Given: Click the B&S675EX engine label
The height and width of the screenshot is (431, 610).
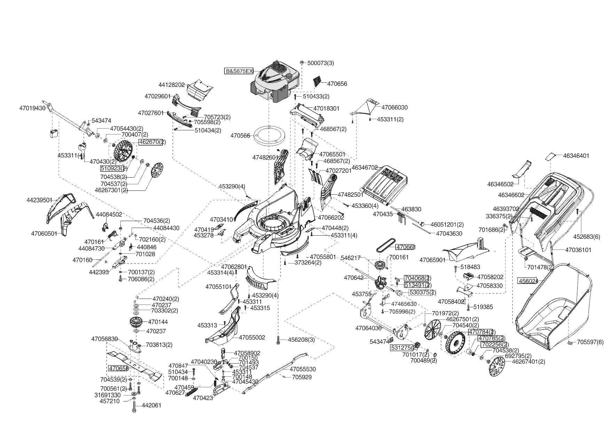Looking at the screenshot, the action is point(239,71).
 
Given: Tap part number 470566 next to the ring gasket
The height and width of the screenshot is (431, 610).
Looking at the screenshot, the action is point(240,136).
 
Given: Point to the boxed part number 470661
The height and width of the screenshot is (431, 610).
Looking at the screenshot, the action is point(405,247).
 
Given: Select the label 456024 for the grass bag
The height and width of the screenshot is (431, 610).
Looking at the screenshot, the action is point(528,281).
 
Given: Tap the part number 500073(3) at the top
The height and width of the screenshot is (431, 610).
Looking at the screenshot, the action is point(320,63).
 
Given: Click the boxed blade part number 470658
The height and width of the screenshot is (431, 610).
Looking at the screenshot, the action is point(118,368).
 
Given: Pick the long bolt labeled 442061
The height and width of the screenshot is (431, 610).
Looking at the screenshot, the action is point(135,405).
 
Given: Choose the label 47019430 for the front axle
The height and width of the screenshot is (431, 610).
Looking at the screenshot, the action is point(32,108).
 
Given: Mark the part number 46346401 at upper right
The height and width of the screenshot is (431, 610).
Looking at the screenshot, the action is point(576,156).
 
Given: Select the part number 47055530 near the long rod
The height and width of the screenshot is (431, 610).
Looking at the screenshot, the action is point(303,369).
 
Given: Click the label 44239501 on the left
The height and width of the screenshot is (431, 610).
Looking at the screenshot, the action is point(40,200).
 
